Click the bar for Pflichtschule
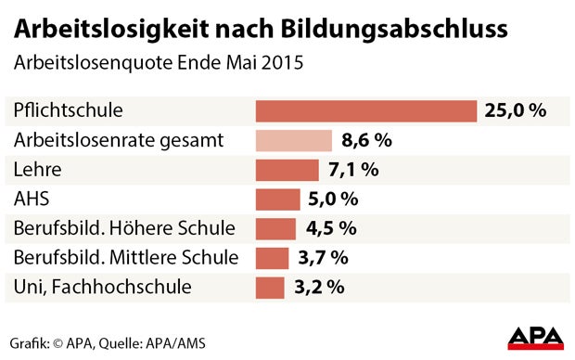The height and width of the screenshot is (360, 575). (365, 111)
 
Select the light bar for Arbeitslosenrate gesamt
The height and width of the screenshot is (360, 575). (294, 140)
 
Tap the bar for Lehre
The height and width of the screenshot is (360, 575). (287, 170)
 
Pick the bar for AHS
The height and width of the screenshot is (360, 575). (278, 199)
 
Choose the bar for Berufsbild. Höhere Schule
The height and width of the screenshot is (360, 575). (275, 228)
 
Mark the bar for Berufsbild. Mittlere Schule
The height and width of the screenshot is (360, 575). (272, 257)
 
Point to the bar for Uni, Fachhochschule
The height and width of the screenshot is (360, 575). (270, 287)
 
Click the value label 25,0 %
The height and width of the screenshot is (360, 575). (515, 111)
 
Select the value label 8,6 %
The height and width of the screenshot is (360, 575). (366, 141)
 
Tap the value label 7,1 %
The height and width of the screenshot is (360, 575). (353, 170)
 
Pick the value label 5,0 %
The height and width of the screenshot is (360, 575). (332, 199)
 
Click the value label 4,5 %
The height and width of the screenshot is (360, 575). (328, 228)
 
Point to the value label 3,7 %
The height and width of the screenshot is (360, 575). (322, 258)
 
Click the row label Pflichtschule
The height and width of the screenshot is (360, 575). (68, 111)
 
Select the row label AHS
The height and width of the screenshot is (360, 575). (32, 199)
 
